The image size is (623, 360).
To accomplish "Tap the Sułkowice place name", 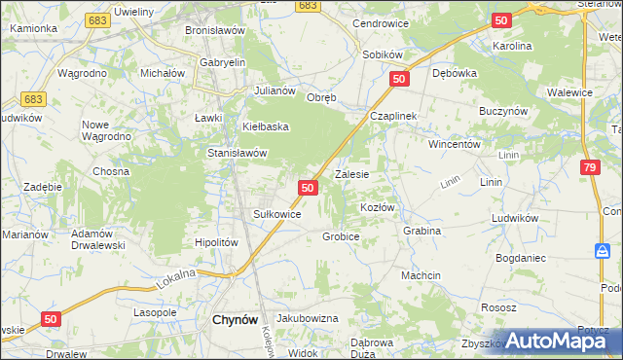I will [x=276, y=214].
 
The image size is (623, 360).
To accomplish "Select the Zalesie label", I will [x=351, y=175].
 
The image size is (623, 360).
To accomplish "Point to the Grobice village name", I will [x=341, y=236].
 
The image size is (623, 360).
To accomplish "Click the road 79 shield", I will [x=589, y=168].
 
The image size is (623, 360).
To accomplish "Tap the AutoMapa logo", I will [x=553, y=341].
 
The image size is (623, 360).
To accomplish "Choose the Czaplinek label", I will [x=392, y=116].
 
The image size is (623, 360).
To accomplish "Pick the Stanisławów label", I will [x=238, y=153].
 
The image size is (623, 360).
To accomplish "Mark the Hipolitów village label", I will [x=216, y=243].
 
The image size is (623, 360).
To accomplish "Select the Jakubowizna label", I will [x=307, y=318].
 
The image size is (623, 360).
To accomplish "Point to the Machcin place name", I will [x=421, y=275].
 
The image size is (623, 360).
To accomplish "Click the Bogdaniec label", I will [x=526, y=257].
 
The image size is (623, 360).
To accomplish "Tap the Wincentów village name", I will [x=456, y=144].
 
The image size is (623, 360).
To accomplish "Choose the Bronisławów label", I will [x=214, y=30].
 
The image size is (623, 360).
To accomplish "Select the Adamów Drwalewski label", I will [x=97, y=239].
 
